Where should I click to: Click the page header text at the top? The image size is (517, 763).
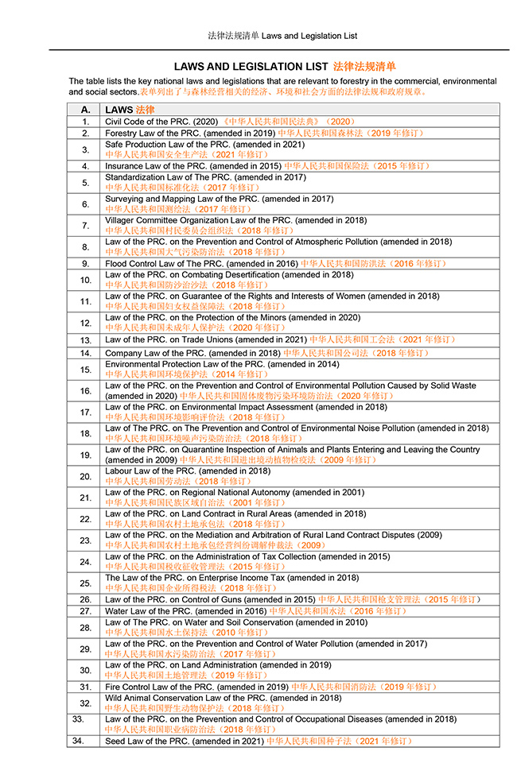tap(282, 36)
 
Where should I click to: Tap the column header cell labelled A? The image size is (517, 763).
tap(85, 109)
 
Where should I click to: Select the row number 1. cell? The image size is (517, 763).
tap(85, 122)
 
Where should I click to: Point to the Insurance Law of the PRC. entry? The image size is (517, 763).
tap(267, 166)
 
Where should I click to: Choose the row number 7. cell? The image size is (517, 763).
tap(85, 225)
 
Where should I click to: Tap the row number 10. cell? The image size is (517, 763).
tap(85, 280)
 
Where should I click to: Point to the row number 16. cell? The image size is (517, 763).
tap(85, 391)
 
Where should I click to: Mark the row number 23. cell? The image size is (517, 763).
tap(85, 540)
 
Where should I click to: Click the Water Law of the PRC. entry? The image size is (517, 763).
tap(255, 611)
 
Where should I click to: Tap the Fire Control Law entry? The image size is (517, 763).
tap(270, 686)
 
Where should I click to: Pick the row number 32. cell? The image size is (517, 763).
tap(85, 703)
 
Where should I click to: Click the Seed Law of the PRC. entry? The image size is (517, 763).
tap(258, 741)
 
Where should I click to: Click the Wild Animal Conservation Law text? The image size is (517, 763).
tap(223, 698)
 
